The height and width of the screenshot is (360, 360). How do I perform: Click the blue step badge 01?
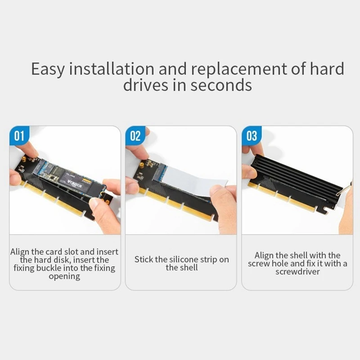click(19, 136)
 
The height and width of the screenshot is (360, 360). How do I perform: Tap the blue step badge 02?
click(135, 136)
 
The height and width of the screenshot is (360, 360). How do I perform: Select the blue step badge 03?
click(252, 136)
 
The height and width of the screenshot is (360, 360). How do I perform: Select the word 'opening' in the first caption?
click(64, 276)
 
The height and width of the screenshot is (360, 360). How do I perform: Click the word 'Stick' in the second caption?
click(145, 260)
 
